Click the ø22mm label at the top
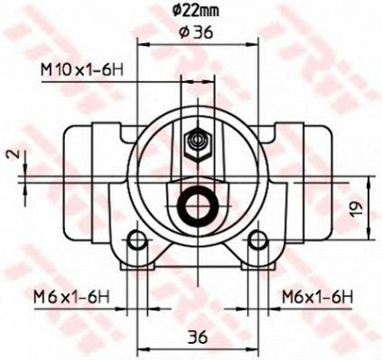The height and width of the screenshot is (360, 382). point(196,11)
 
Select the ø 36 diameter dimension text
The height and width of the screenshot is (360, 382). point(196,32)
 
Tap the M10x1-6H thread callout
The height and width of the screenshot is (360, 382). point(82,70)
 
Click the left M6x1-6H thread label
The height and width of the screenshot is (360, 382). point(72,298)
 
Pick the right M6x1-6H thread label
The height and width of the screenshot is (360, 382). point(317,298)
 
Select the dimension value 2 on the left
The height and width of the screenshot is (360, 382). point(11,155)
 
